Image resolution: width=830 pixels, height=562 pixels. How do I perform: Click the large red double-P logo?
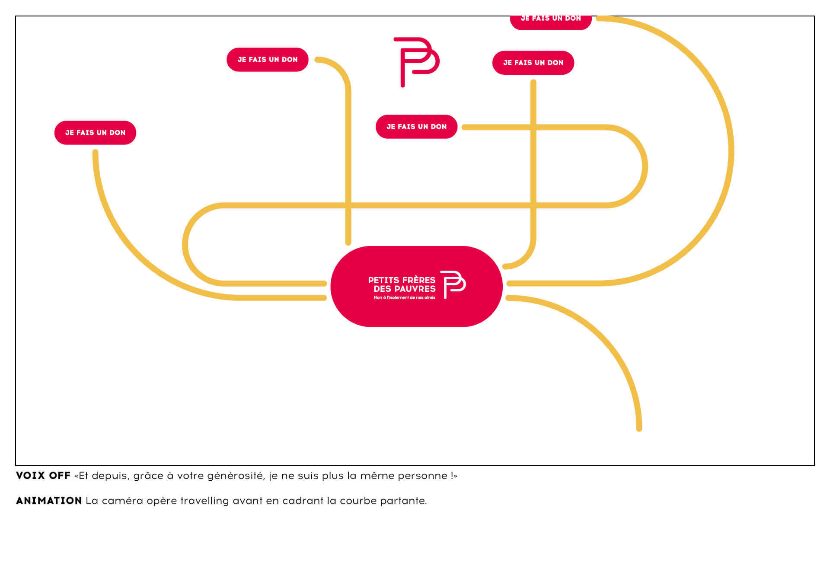point(415,61)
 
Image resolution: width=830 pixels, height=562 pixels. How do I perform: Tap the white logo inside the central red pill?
point(453,284)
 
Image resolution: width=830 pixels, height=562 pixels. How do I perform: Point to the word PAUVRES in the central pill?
point(417,289)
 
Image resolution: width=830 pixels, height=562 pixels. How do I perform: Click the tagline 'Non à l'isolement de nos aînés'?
point(404,297)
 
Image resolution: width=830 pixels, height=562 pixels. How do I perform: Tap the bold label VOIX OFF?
point(43,476)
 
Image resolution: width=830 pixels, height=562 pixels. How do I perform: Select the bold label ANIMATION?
point(49,501)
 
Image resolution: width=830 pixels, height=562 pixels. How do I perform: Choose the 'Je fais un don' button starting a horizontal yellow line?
point(416,127)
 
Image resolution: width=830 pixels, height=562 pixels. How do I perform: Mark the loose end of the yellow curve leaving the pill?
point(639,428)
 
